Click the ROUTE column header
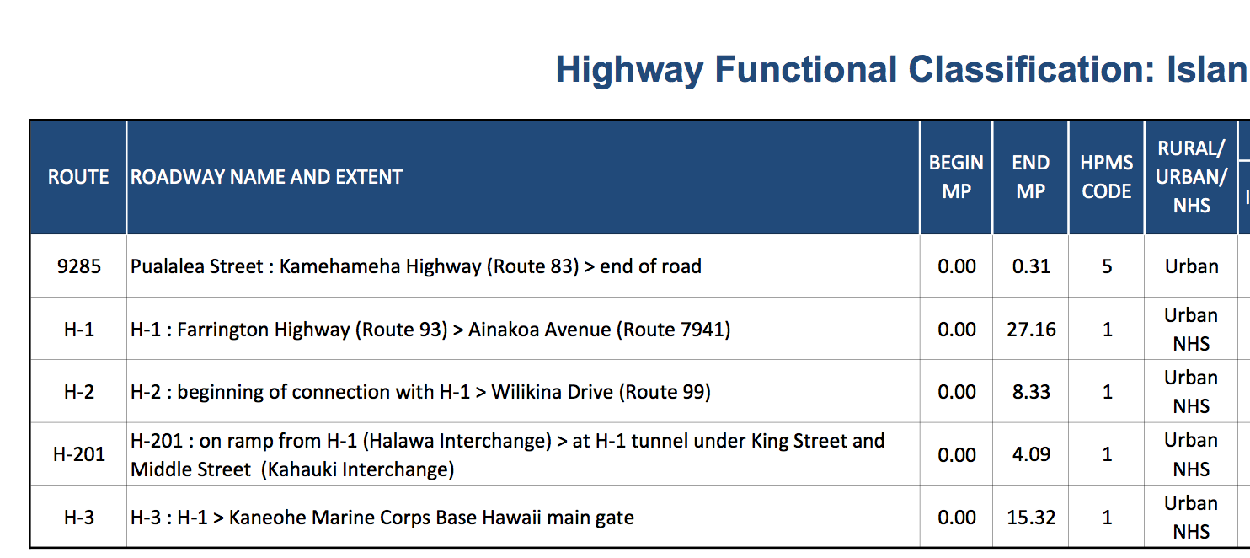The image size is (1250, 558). tap(78, 177)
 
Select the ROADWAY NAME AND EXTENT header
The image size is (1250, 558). tap(266, 177)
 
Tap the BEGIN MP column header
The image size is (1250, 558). tap(956, 177)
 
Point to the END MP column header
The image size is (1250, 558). tap(1031, 177)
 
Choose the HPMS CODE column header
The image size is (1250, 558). tap(1107, 177)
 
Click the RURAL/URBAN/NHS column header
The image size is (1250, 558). tap(1191, 177)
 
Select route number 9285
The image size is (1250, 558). tap(78, 266)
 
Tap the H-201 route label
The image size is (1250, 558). tap(78, 454)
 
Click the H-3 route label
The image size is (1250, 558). tap(78, 518)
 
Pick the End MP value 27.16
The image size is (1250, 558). tap(1031, 330)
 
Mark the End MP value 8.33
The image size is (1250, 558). tap(1031, 392)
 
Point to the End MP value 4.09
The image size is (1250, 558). tap(1031, 454)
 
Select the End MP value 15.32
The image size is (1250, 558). tap(1031, 518)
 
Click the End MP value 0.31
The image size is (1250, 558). tap(1031, 266)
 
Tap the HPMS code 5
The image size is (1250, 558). tap(1107, 266)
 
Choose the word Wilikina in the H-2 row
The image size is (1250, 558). tap(530, 392)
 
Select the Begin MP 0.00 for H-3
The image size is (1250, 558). tap(957, 518)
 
